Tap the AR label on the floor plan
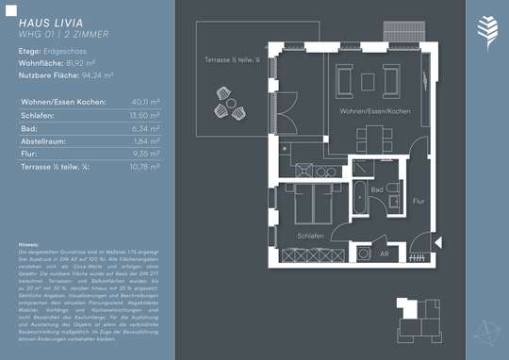[384, 254]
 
